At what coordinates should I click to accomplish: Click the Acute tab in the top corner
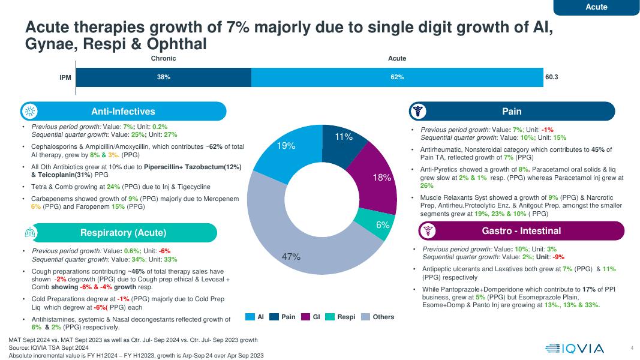pos(596,7)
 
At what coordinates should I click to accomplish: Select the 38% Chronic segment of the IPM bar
pos(164,77)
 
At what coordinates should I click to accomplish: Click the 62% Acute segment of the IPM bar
pos(397,77)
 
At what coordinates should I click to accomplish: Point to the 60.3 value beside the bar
pos(552,77)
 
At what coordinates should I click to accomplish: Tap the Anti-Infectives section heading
pos(123,112)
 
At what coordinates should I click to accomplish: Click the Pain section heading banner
pos(512,112)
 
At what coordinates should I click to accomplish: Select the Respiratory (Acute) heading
pos(124,233)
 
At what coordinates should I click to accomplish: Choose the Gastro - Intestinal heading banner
pos(521,231)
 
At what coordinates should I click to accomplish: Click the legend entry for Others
pos(378,317)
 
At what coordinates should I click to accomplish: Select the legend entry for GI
pos(311,317)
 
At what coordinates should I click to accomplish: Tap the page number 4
pos(632,348)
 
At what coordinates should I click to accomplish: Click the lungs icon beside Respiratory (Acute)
pos(30,232)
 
